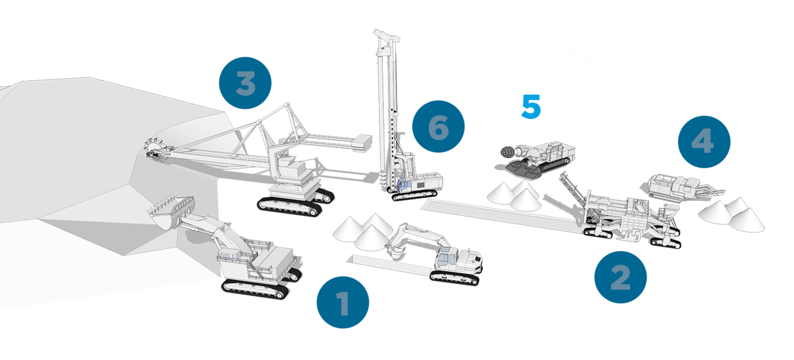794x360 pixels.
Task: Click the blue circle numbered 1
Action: pos(343,302)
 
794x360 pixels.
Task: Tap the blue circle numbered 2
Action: pos(620,277)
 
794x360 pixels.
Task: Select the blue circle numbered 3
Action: pos(245,83)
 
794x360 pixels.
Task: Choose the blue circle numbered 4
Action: pos(704,142)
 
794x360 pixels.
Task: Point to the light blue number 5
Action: pos(531,107)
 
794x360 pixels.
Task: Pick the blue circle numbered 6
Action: pos(438,126)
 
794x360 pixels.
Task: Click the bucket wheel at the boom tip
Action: pos(156,150)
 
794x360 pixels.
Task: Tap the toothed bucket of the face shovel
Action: pos(172,211)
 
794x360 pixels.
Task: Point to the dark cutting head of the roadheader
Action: pos(508,152)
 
